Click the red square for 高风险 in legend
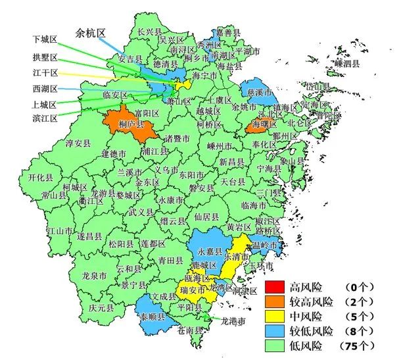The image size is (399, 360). click(x=275, y=287)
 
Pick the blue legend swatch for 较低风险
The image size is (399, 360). click(x=275, y=330)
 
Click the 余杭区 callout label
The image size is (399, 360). click(x=91, y=32)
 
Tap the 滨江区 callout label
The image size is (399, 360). click(x=45, y=118)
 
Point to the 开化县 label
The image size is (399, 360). click(x=41, y=178)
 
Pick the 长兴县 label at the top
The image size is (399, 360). click(x=149, y=31)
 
